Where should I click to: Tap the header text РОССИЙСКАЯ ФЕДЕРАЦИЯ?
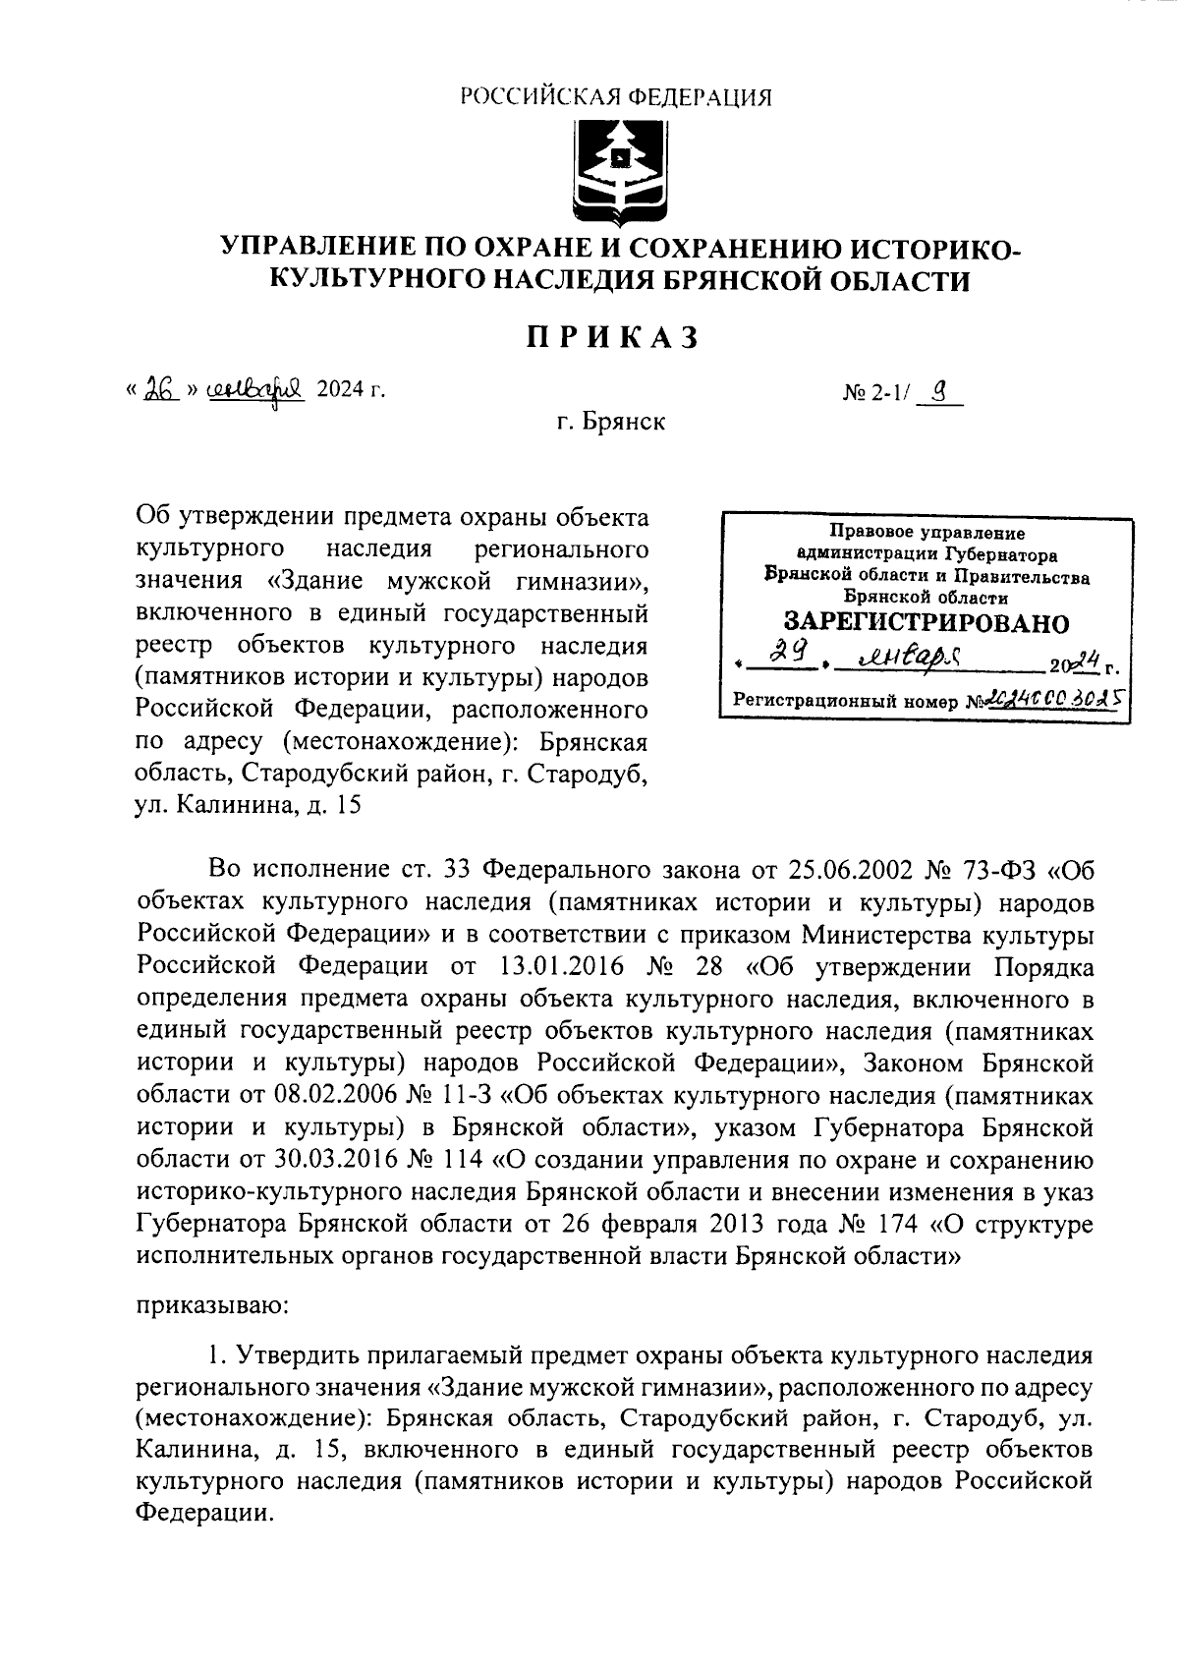pyautogui.click(x=617, y=96)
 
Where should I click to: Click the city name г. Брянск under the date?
pyautogui.click(x=610, y=423)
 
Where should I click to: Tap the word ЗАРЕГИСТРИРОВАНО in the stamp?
pyautogui.click(x=926, y=622)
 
